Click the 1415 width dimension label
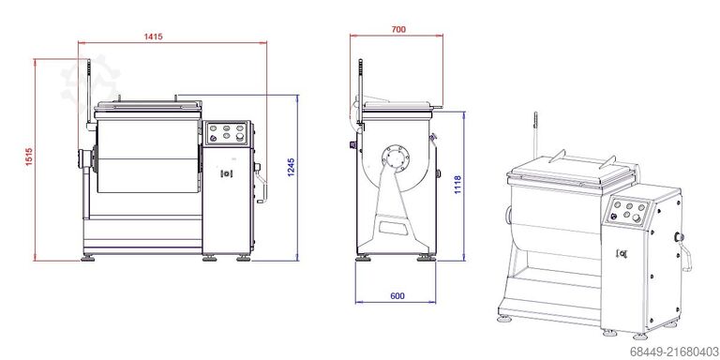point(153,37)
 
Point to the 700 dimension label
point(397,30)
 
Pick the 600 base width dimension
point(397,295)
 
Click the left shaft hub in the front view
point(87,161)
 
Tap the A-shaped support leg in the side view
point(395,216)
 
